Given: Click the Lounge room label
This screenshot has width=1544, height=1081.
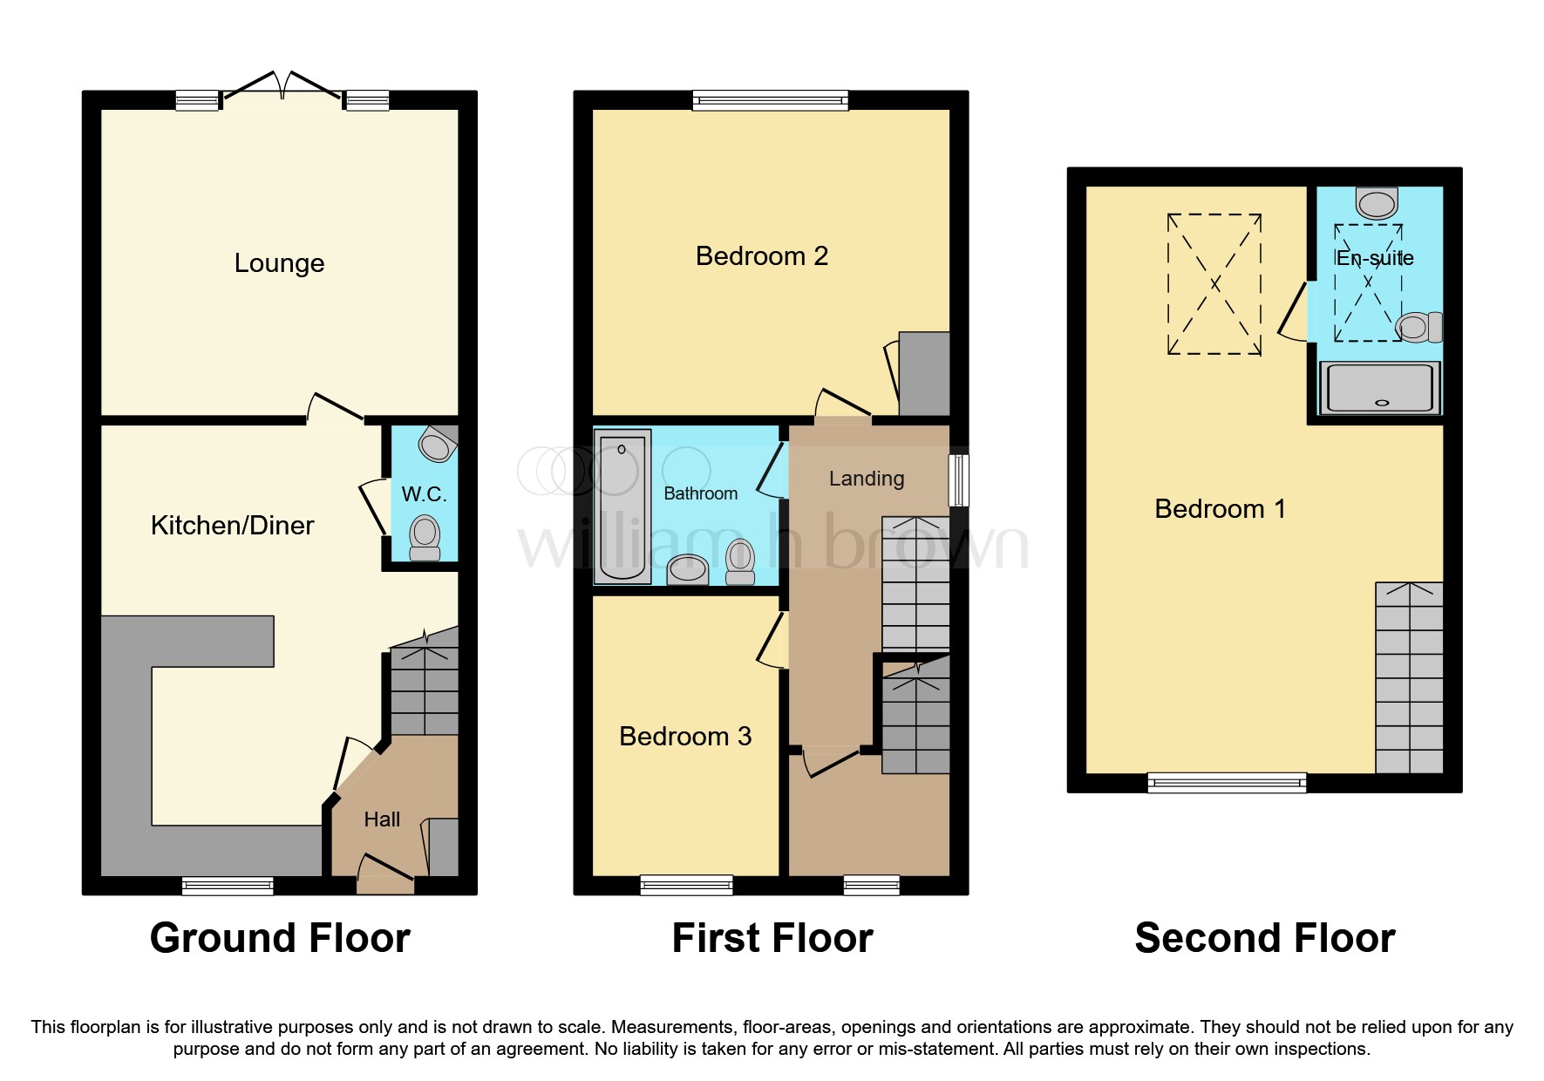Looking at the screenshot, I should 279,263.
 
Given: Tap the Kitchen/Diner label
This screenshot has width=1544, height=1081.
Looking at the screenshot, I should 232,525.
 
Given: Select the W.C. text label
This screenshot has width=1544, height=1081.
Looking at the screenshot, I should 424,494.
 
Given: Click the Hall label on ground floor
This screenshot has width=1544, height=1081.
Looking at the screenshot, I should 382,819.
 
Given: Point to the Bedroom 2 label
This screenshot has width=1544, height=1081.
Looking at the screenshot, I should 761,256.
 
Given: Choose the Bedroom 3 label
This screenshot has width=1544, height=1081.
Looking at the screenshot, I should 685,737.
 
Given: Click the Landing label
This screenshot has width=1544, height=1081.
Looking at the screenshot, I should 866,479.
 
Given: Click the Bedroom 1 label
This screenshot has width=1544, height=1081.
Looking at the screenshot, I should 1220,509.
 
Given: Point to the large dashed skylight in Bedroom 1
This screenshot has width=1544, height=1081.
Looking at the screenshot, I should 1214,284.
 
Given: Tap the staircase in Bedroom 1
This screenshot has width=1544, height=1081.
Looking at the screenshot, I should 1409,678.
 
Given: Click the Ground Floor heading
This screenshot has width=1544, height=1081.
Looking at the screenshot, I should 280,939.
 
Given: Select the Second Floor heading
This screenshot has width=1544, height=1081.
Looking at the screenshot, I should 1264,939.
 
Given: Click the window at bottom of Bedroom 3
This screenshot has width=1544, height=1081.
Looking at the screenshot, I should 686,886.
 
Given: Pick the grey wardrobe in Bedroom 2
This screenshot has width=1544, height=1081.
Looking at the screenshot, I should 924,374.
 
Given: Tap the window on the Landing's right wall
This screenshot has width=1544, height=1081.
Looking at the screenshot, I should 958,479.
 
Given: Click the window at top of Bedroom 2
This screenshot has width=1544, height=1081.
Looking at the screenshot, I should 770,101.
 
